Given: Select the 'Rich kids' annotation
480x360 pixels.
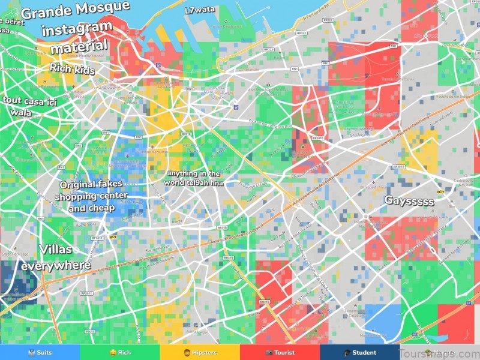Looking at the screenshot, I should pyautogui.click(x=72, y=69).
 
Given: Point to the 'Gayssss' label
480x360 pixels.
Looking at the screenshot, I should pyautogui.click(x=409, y=200).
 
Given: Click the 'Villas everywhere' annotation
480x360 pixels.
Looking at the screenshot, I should pyautogui.click(x=56, y=257).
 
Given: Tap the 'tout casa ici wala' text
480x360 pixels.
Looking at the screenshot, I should pyautogui.click(x=29, y=106).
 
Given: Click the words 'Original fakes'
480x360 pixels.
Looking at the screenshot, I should pyautogui.click(x=91, y=184).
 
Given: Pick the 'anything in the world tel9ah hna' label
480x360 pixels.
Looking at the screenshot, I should pyautogui.click(x=193, y=178).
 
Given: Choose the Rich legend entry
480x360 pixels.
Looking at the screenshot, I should pyautogui.click(x=120, y=352).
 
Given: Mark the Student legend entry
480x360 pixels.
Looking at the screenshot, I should pyautogui.click(x=360, y=352).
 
